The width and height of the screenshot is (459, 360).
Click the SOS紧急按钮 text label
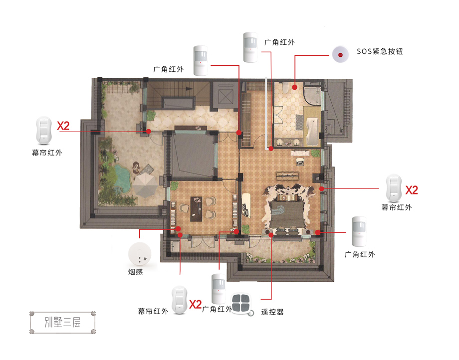pos(380,51)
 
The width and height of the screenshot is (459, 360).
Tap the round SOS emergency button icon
pos(340,54)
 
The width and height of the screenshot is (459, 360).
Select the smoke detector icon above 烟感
pos(140,254)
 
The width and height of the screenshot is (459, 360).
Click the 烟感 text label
pos(135,272)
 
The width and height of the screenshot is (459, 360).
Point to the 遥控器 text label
pos(272,312)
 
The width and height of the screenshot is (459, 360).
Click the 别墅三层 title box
pos(63,323)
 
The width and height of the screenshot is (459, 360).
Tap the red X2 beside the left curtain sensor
pos(63,126)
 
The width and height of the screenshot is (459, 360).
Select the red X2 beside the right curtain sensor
pos(411,190)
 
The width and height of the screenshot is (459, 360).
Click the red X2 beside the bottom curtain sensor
pos(195,305)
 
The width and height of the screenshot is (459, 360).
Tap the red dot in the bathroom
pos(294,87)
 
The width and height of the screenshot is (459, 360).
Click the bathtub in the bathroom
pos(312,131)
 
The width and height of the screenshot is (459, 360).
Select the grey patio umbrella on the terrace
pos(146,184)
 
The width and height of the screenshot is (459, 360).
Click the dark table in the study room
pos(196,209)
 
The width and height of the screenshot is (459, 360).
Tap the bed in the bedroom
pos(286,212)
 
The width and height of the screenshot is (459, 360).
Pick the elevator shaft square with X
pos(226,96)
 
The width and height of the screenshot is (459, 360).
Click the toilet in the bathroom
pos(286,87)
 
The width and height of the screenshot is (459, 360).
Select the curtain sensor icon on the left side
pos(43,131)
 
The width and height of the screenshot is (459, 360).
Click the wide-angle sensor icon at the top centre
pos(250,47)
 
